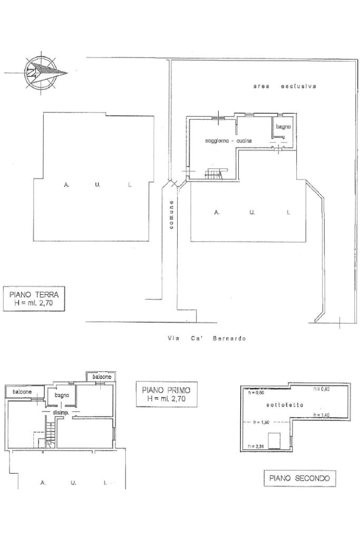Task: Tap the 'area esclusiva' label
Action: [x=284, y=86]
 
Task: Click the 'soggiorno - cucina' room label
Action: [x=228, y=141]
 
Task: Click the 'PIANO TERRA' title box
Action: [x=34, y=299]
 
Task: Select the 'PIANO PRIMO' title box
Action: [x=166, y=394]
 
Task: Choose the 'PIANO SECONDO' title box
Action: [x=299, y=478]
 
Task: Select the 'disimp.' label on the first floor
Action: [x=62, y=413]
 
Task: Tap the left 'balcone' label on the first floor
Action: [x=22, y=392]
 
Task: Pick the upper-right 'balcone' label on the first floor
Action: [x=102, y=377]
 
